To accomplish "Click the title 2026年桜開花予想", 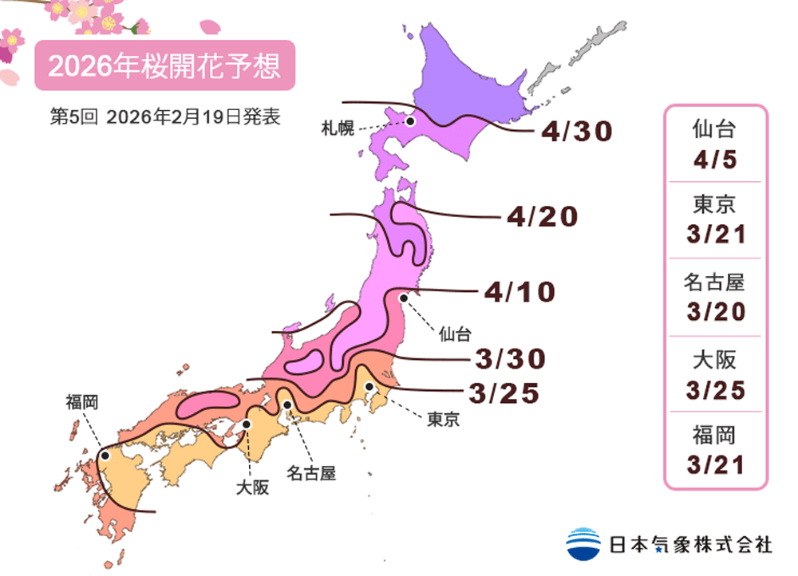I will coord(164,66).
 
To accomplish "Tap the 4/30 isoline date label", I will coord(575,132).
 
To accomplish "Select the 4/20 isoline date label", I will coord(542,216).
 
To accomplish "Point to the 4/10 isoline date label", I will coord(519,293).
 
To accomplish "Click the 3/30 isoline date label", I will coord(510,360).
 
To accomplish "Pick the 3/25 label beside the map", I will coord(504,393).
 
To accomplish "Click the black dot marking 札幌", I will coord(410,121).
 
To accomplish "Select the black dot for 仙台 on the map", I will coord(404,298).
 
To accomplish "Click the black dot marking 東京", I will coord(369,387).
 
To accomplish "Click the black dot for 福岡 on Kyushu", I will coord(105,456).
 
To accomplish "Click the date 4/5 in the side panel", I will coord(715,160).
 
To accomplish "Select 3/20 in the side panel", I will coord(715,311).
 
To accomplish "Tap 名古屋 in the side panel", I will coord(715,282).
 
